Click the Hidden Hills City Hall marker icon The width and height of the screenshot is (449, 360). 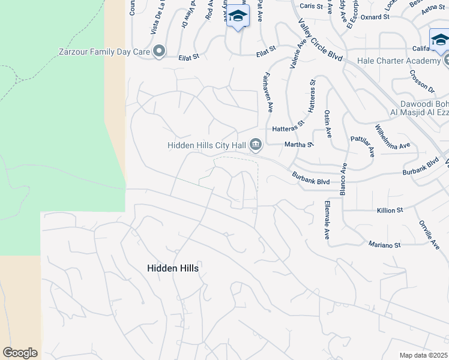pos(256,144)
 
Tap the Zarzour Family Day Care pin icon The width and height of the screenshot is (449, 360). pos(159,52)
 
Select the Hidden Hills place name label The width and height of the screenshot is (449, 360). pos(172,268)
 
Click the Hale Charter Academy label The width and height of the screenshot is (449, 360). pos(399,61)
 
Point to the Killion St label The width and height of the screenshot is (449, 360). pos(390,211)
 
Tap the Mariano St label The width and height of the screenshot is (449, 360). pos(385,245)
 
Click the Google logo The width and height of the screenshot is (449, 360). pos(20,353)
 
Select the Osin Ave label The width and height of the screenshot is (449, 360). pos(328,123)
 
